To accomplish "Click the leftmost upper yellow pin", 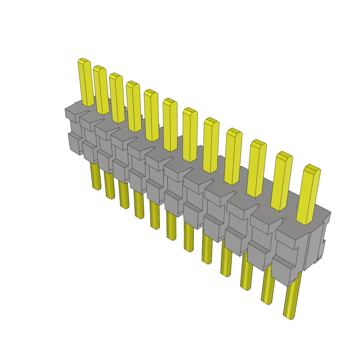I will [x=86, y=83].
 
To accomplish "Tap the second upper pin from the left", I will [x=101, y=90].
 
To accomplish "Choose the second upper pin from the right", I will [x=282, y=181].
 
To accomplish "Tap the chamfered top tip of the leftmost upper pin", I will [x=83, y=61].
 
